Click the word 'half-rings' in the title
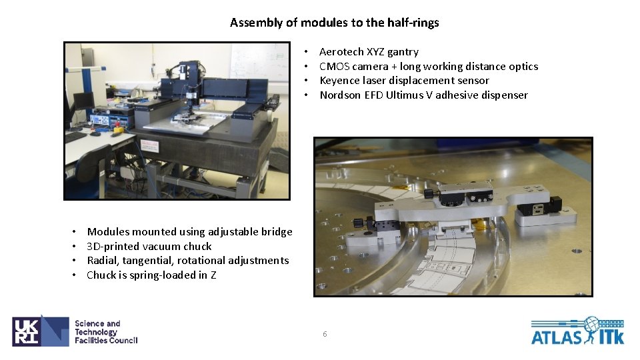click(x=413, y=22)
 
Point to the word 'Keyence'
click(x=339, y=81)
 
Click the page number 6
click(x=325, y=334)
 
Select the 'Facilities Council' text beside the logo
click(x=106, y=341)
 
